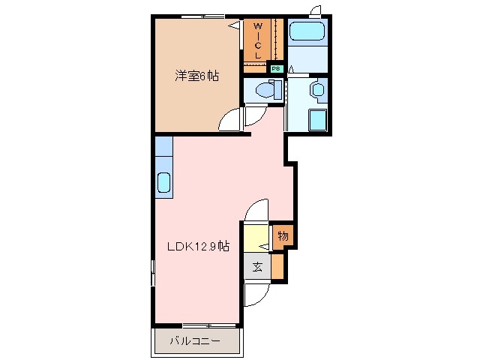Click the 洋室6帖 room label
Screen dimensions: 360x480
(197, 76)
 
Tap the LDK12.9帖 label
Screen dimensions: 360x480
(197, 247)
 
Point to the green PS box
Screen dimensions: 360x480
(275, 68)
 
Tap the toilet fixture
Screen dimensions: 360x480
(264, 91)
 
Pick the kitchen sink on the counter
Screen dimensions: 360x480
(164, 182)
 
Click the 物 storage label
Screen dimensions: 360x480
(282, 235)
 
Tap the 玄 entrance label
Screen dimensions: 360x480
(256, 266)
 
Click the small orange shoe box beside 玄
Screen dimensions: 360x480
(277, 265)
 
